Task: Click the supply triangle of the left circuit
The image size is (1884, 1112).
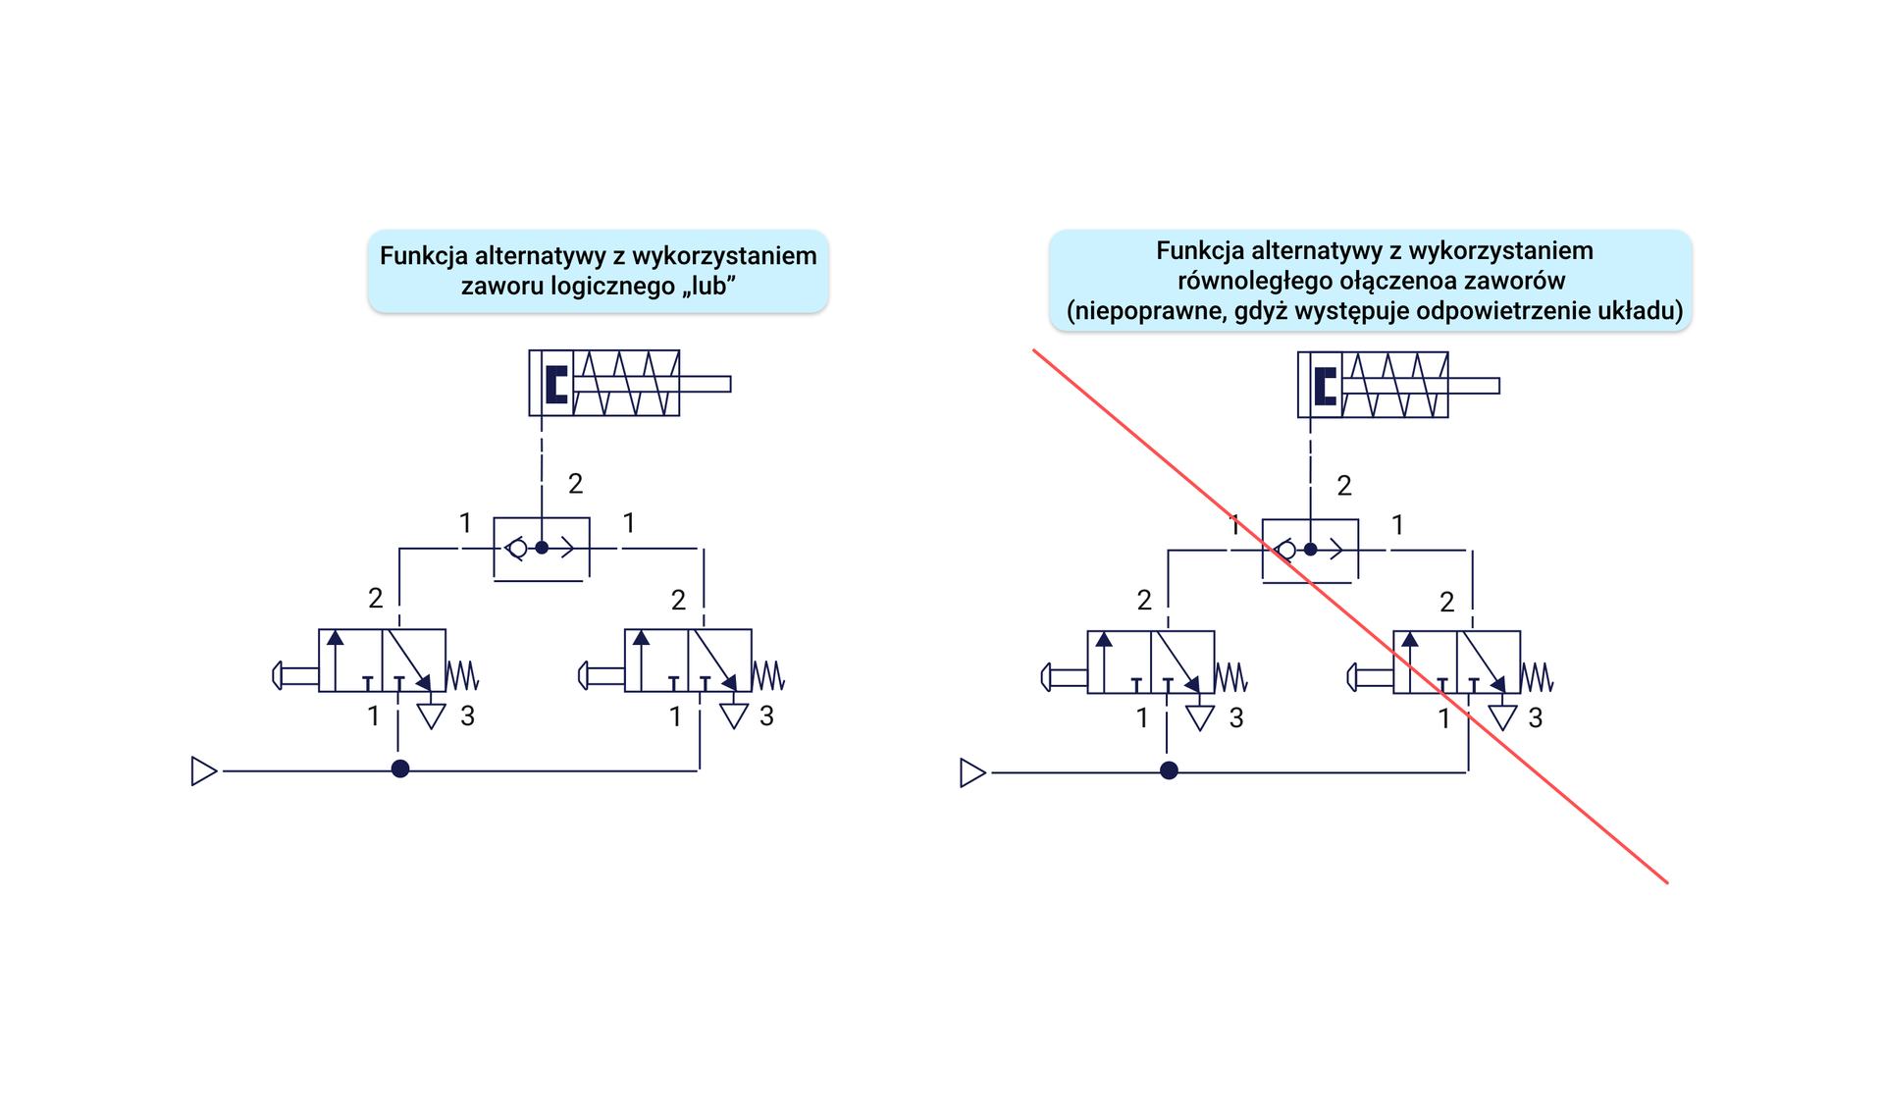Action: click(x=203, y=771)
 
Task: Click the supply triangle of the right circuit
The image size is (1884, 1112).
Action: click(x=971, y=773)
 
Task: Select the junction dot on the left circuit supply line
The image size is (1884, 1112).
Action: click(x=400, y=769)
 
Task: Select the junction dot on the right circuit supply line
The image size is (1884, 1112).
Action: click(x=1169, y=771)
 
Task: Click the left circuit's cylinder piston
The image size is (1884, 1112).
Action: click(x=556, y=384)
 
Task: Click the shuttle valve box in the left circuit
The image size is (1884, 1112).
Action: click(x=542, y=549)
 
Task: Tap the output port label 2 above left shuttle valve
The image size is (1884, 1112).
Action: click(x=576, y=484)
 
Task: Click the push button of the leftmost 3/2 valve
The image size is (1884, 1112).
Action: click(x=279, y=675)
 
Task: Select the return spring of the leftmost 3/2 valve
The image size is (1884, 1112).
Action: click(x=462, y=675)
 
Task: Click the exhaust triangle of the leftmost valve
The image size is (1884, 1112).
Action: click(x=432, y=715)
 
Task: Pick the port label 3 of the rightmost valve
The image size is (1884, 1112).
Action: click(x=1536, y=718)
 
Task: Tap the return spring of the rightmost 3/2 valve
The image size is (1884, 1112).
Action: click(x=1537, y=677)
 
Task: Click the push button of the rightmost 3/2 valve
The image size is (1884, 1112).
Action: click(x=1353, y=677)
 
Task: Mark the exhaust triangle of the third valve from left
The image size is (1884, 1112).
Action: click(x=1200, y=717)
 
